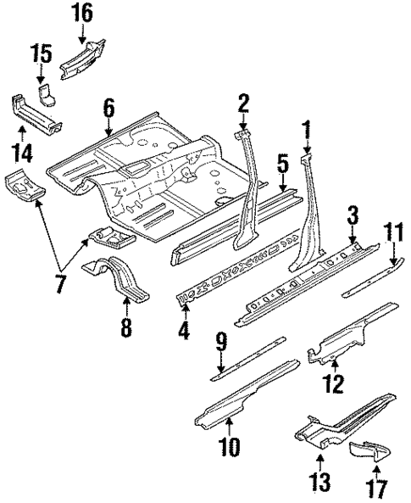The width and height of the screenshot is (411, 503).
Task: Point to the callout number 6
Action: (x=108, y=107)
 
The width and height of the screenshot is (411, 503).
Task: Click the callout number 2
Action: (x=243, y=103)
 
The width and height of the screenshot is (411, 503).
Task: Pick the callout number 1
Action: (x=305, y=130)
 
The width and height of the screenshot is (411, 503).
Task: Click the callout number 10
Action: (x=229, y=446)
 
